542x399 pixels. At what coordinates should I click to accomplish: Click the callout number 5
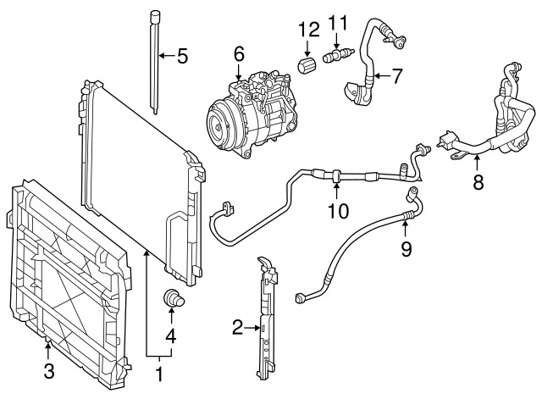(x=182, y=56)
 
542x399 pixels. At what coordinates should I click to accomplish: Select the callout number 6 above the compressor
(x=239, y=54)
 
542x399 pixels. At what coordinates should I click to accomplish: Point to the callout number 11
(x=337, y=22)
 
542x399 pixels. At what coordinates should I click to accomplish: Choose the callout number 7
(x=397, y=75)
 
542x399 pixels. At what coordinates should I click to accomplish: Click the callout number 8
(x=478, y=182)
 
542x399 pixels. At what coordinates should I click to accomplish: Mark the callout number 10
(x=338, y=211)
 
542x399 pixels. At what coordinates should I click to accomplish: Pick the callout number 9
(x=406, y=248)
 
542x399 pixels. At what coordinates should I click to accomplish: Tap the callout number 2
(x=237, y=328)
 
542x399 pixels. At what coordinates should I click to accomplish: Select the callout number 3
(x=49, y=371)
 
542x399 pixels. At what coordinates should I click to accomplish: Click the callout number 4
(x=171, y=335)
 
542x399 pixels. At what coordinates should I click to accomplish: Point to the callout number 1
(x=159, y=374)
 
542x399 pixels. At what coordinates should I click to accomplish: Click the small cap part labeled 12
(x=306, y=64)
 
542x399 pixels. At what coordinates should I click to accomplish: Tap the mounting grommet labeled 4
(x=173, y=299)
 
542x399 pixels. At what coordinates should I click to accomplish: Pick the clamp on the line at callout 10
(x=336, y=175)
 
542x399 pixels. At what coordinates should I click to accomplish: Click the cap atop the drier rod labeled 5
(x=155, y=17)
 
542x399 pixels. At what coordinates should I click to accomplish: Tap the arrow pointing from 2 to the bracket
(x=252, y=328)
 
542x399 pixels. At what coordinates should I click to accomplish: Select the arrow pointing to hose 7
(x=382, y=75)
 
